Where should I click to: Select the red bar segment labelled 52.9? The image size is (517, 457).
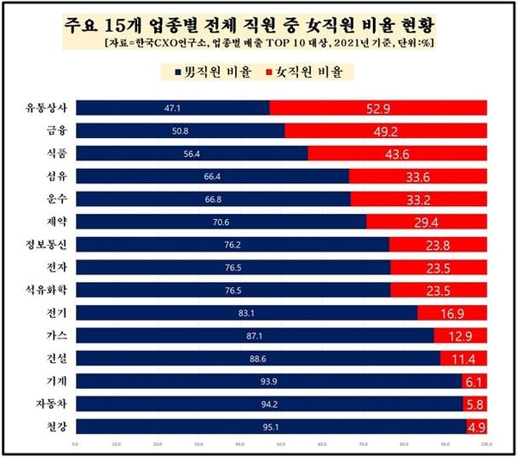378,108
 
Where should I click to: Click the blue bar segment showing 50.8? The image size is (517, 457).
180,130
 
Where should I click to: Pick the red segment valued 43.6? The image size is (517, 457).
397,153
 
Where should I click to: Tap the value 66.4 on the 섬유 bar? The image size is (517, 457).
213,176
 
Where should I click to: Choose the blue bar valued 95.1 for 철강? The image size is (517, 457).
271,424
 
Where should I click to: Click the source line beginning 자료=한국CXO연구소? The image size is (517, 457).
258,42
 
